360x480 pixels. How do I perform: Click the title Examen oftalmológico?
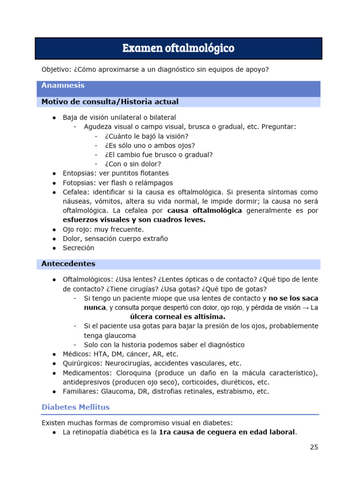tap(178, 48)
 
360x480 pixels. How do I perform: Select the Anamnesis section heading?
tap(63, 85)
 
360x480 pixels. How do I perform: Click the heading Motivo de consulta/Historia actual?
tap(110, 102)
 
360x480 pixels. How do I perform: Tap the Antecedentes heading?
tap(68, 264)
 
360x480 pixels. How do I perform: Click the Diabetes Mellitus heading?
tap(75, 407)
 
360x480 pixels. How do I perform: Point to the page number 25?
tap(314, 447)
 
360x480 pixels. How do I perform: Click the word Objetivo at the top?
tap(55, 70)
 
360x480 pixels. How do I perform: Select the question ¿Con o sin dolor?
tap(133, 164)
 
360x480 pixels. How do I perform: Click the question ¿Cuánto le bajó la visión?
tap(146, 136)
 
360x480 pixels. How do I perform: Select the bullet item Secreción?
tap(78, 248)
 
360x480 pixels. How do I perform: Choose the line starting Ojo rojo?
tap(103, 229)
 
